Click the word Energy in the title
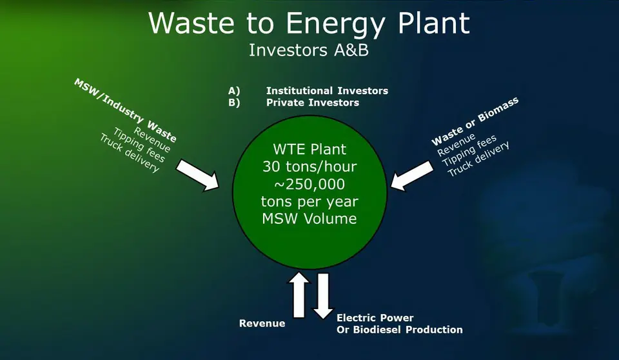(x=335, y=25)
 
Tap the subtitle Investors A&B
(x=309, y=50)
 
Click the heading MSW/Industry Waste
(x=126, y=110)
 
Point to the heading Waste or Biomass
(x=475, y=121)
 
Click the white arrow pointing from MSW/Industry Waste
(x=197, y=175)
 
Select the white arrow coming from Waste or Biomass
(x=412, y=175)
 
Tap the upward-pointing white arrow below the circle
(x=299, y=295)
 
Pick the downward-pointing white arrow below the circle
(x=323, y=295)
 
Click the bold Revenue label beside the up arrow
(x=262, y=323)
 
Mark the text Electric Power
(x=375, y=317)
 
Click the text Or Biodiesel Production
(x=400, y=330)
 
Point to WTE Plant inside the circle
(x=309, y=150)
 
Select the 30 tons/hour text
(x=309, y=166)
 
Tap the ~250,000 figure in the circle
(x=309, y=184)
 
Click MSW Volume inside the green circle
(x=309, y=219)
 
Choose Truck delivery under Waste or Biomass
(x=478, y=159)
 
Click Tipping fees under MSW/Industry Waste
(x=139, y=145)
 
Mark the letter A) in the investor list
(x=234, y=91)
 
